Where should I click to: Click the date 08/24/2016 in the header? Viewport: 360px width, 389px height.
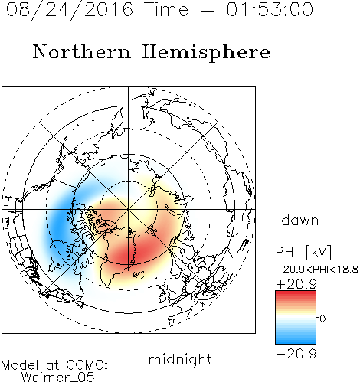coord(70,10)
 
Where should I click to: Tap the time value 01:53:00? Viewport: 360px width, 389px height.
coord(270,9)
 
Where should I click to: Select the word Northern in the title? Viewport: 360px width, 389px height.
coord(82,51)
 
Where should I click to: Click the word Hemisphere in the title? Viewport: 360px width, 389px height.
coord(206,53)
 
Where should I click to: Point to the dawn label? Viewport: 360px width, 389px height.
coord(300,221)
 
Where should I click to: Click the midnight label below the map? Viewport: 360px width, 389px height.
coord(180,360)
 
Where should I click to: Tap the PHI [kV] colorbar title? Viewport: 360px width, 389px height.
coord(303,252)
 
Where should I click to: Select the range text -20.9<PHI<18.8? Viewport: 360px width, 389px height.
coord(317,270)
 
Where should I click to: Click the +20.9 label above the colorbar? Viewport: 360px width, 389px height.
coord(296,284)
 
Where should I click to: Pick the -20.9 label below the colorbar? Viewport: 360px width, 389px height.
coord(296,354)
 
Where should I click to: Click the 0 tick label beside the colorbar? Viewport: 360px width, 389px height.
coord(322,319)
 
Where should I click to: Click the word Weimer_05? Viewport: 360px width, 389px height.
coord(58,378)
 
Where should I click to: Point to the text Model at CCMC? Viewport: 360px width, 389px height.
coord(54,365)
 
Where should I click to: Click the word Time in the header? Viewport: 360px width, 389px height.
coord(166,9)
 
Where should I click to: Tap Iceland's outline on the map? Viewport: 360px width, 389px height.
coord(140,275)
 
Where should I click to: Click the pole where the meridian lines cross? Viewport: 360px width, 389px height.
coord(129,209)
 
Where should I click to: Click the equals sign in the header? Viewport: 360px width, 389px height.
coord(207,10)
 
